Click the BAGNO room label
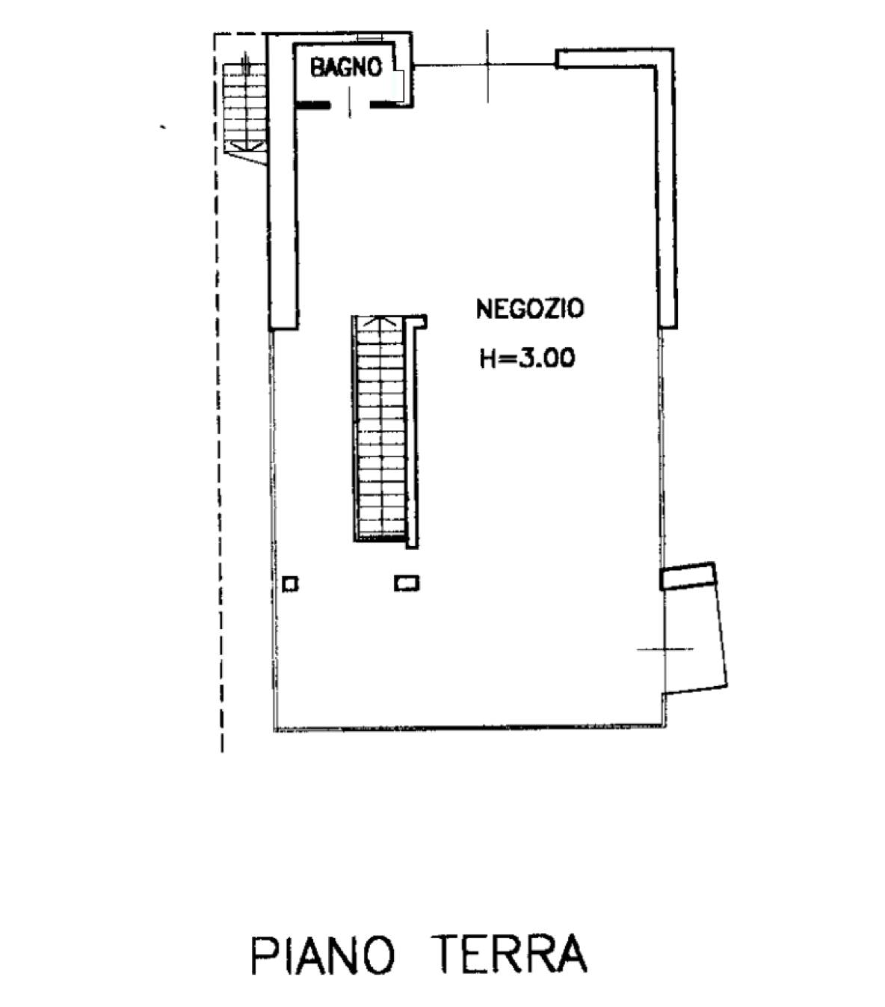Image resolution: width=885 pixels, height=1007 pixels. coord(346,67)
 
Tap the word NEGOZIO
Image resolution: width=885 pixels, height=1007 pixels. coord(530,309)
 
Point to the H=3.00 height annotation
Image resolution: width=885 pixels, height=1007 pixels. coord(527,358)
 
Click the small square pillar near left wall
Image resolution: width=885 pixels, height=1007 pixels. coord(290,584)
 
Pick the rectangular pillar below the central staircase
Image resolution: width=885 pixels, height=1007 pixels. coord(407,583)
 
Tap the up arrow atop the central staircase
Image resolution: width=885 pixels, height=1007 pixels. coord(381,321)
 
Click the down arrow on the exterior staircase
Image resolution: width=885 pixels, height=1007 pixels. coord(246,145)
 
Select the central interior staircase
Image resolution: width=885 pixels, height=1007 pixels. coord(380,429)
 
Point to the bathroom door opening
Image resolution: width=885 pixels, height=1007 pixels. coord(350,105)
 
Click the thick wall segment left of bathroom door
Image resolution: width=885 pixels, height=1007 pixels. coord(312,105)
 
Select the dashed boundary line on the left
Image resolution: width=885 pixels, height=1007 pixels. coord(218,393)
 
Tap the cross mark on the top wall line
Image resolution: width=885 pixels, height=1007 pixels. coord(487,64)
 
